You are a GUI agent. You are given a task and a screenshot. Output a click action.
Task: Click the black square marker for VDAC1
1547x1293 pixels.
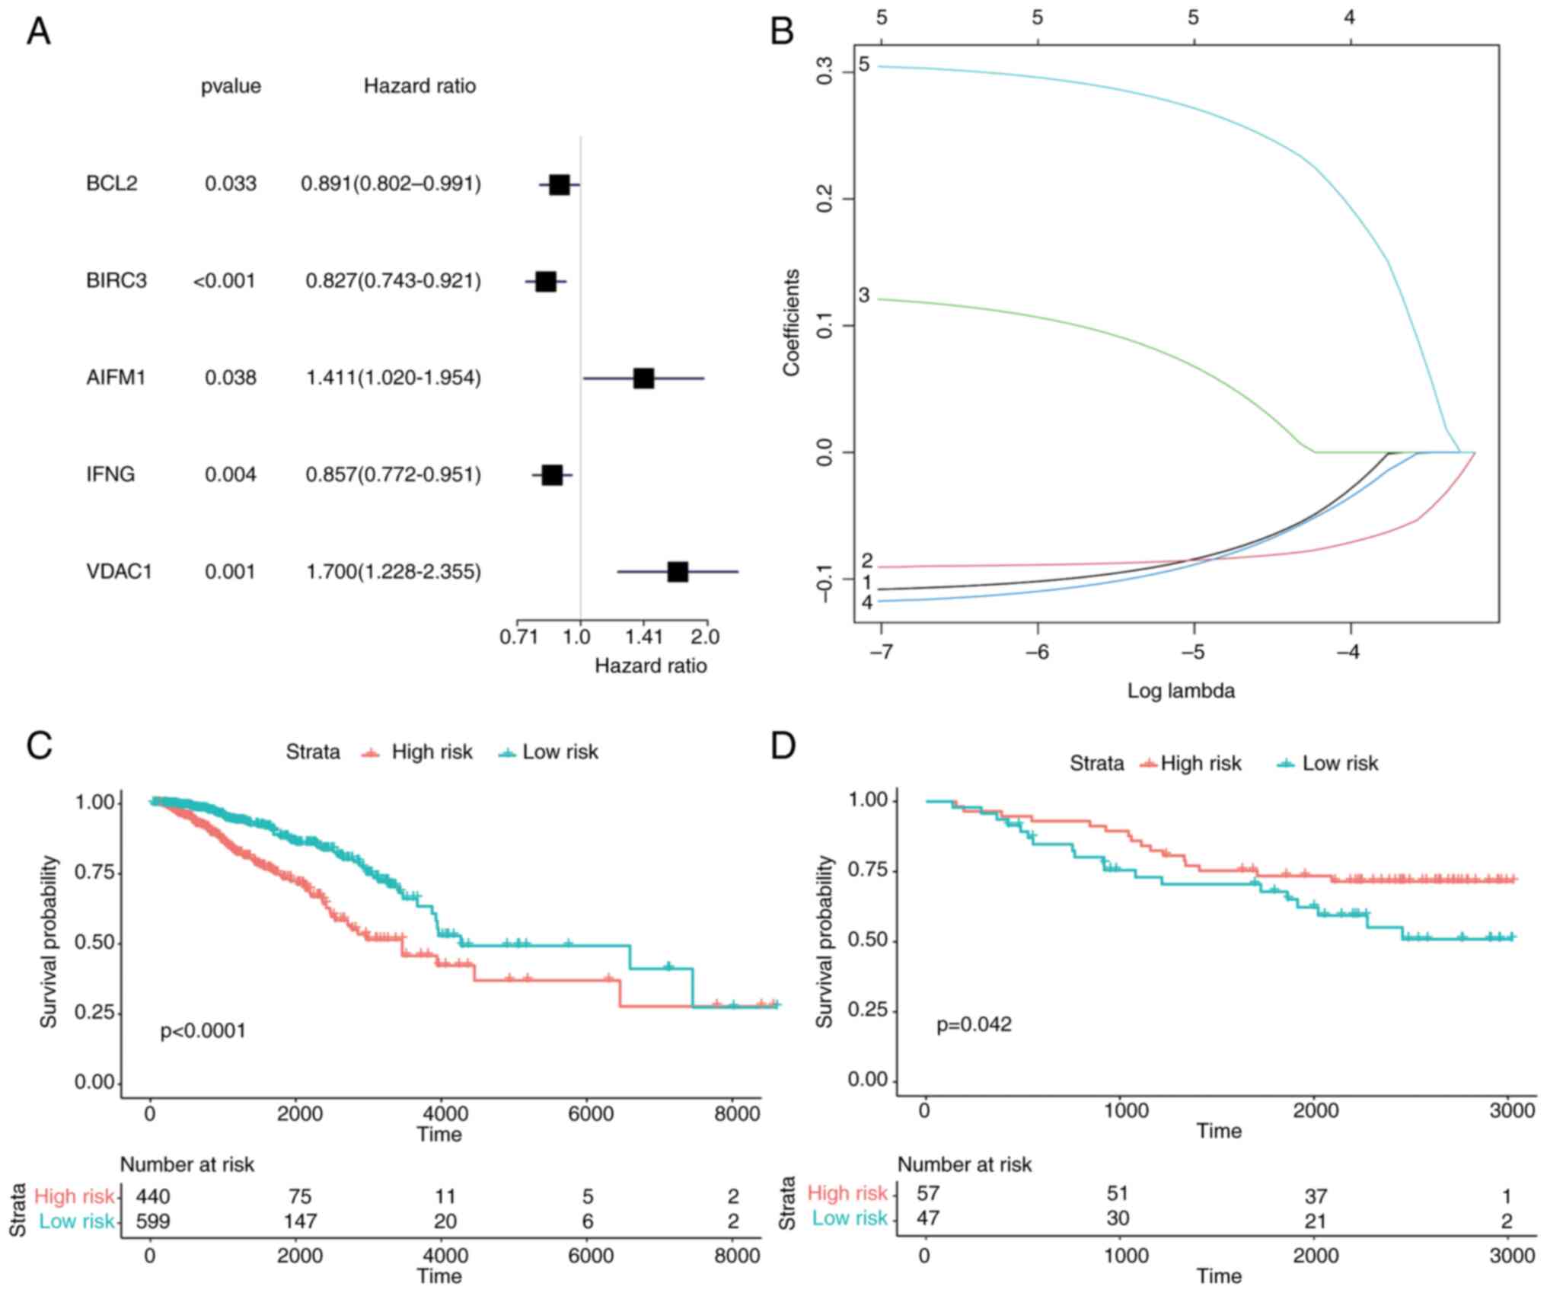[677, 571]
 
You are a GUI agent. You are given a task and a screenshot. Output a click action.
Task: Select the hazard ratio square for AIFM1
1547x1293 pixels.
[643, 378]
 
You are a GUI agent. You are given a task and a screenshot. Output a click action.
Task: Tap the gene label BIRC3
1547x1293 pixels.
[116, 281]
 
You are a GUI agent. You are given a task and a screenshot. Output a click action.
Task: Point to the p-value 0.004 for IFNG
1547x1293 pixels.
[230, 475]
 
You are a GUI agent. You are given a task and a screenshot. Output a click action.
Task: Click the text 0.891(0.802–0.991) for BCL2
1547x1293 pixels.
[391, 184]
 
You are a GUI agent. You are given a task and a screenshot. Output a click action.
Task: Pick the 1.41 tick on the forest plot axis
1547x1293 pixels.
[644, 636]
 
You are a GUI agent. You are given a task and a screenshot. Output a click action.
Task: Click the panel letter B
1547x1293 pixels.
[782, 32]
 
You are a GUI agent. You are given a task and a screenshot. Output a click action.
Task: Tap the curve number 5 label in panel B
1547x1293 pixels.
[863, 65]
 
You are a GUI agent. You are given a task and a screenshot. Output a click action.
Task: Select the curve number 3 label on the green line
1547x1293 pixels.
[863, 295]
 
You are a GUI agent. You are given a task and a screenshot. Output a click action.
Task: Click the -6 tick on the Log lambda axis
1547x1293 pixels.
[1037, 653]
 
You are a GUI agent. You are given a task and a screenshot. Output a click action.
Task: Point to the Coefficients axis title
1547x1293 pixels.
[792, 322]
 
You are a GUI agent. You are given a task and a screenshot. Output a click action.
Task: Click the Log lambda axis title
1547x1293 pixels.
[1181, 691]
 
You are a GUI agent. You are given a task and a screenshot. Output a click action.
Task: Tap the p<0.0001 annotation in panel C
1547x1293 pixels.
[203, 1031]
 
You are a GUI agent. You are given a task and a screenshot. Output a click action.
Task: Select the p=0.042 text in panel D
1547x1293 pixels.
[974, 1024]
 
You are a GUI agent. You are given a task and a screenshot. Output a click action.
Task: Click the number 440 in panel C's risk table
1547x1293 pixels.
[153, 1196]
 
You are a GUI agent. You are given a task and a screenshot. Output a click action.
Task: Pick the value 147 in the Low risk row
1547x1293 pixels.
[300, 1221]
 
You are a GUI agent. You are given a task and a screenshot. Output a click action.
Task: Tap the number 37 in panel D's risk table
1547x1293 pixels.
[1316, 1196]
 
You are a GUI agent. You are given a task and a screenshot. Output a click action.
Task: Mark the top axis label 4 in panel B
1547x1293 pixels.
[1349, 17]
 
